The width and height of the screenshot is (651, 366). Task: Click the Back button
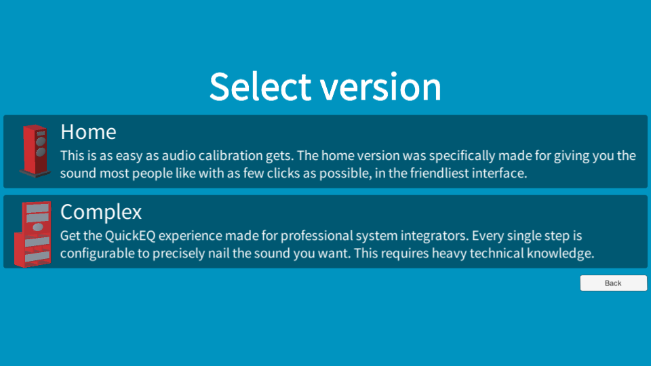(613, 283)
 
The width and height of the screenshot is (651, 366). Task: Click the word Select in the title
(260, 87)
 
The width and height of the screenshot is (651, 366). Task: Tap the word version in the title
(380, 87)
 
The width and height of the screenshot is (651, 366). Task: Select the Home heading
(88, 132)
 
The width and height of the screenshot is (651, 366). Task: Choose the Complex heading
(101, 212)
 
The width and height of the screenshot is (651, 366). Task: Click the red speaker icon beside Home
(35, 151)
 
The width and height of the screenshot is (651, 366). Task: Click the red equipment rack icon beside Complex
(33, 234)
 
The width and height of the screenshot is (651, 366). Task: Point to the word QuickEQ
(130, 236)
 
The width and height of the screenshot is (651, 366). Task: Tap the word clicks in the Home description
(283, 173)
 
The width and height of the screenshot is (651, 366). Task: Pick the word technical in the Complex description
(496, 253)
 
